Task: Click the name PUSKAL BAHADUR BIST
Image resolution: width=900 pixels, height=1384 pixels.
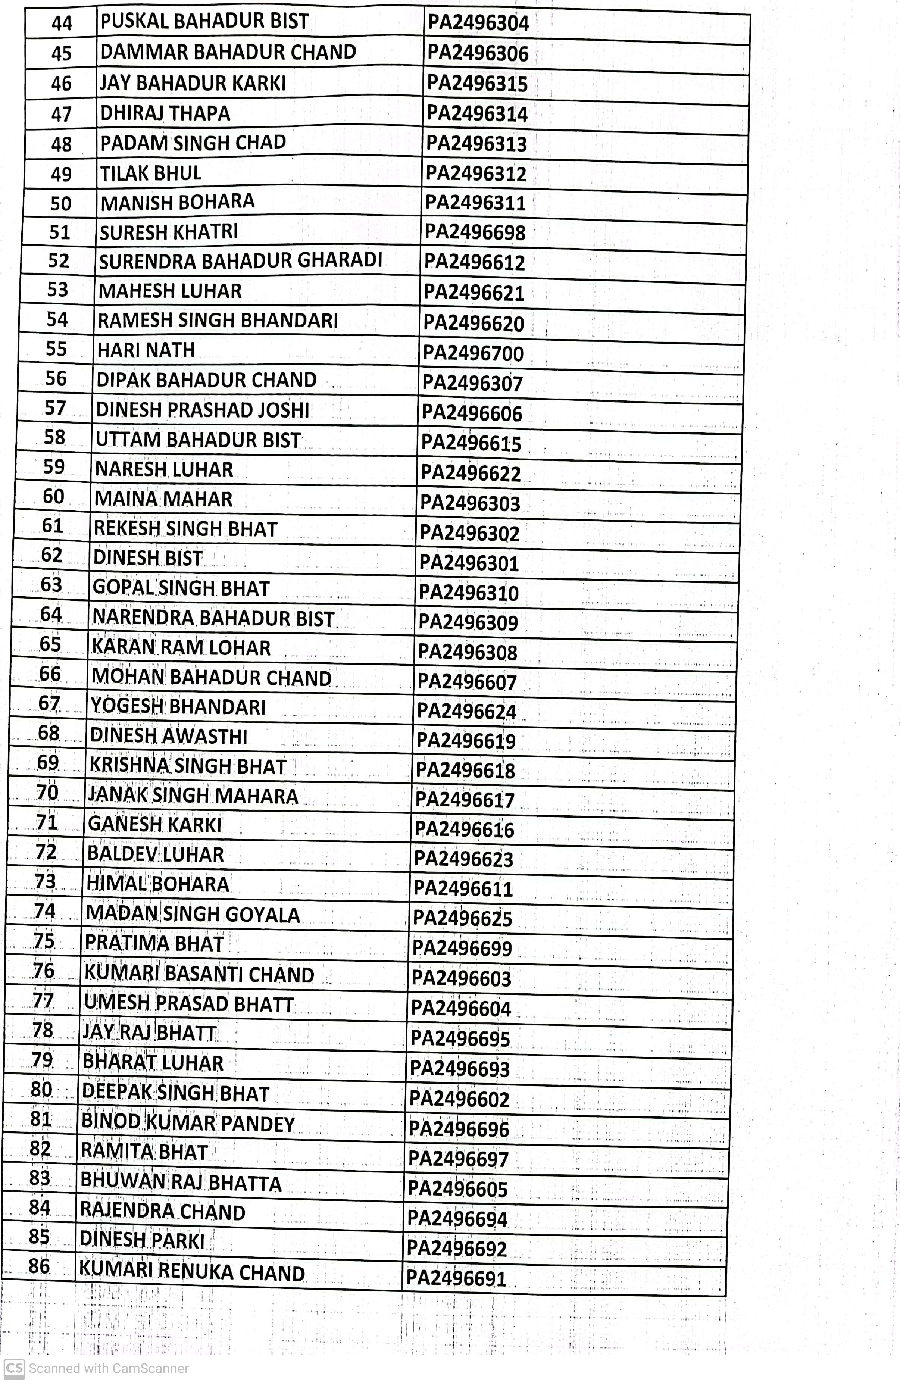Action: coord(204,22)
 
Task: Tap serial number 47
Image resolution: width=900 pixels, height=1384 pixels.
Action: coord(61,114)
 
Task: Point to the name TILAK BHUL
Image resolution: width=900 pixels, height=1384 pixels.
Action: coord(151,173)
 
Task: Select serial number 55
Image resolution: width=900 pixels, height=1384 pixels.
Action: coord(56,349)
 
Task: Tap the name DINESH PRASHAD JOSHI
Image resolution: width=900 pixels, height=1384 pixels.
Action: coord(202,410)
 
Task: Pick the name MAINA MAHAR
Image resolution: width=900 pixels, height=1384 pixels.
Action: coord(163,499)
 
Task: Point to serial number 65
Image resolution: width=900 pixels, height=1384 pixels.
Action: coord(50,644)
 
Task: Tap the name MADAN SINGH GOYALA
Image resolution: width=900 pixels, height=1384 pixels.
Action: coord(193,915)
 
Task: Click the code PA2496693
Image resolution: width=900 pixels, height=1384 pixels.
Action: coord(459,1069)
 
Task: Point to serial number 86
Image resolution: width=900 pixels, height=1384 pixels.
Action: coord(39,1266)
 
